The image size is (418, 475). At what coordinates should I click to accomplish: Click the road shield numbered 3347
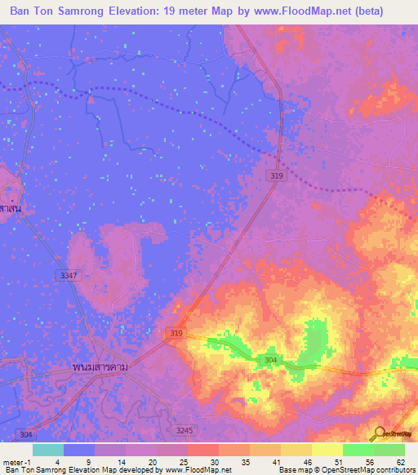click(69, 277)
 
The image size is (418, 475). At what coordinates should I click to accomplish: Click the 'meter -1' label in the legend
click(16, 461)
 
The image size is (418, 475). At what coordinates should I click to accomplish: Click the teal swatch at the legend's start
click(48, 450)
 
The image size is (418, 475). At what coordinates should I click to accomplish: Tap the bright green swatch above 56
click(358, 450)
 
